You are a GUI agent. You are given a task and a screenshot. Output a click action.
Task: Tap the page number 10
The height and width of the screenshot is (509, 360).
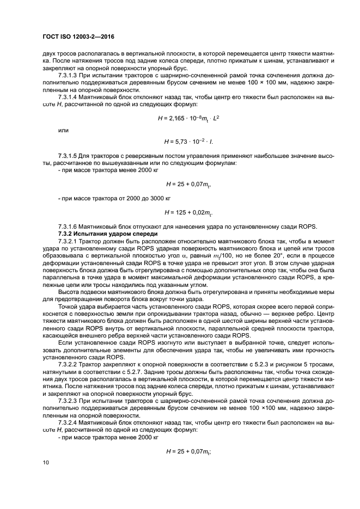click(x=46, y=462)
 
